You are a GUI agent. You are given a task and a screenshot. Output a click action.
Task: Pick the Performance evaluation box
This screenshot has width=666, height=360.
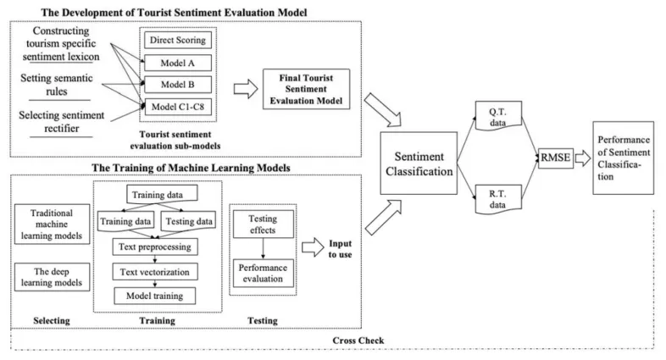pos(262,272)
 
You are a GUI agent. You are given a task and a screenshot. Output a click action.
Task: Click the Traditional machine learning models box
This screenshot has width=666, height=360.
pos(51,223)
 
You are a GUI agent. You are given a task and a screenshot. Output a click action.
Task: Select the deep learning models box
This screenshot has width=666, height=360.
pos(51,277)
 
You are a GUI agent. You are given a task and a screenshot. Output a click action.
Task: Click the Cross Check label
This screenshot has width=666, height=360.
pos(361,340)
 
